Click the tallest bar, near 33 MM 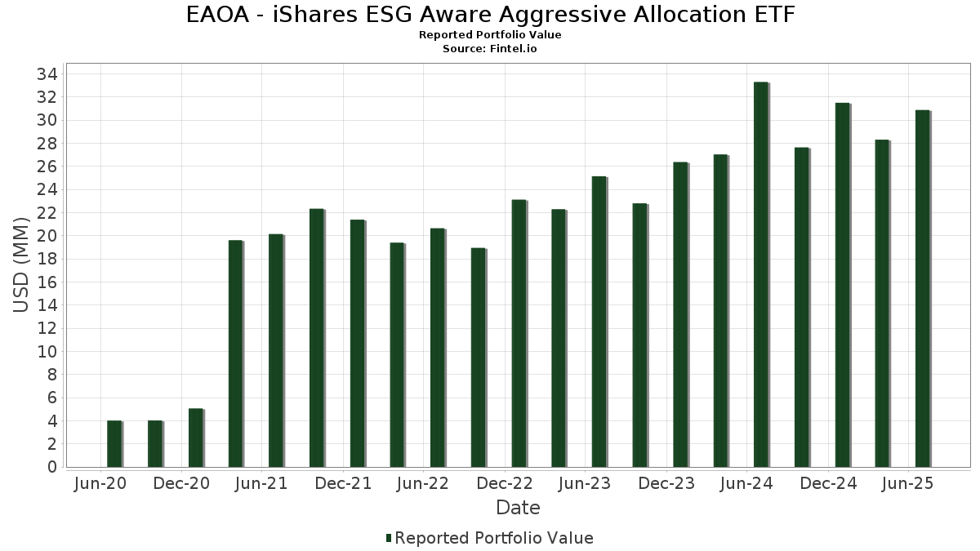click(761, 274)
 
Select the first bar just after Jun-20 click(114, 444)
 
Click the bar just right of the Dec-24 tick click(842, 285)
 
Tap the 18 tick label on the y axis click(47, 259)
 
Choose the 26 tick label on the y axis click(47, 167)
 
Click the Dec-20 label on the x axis click(181, 484)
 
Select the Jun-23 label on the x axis click(585, 484)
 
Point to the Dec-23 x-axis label click(666, 484)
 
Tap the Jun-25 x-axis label click(908, 484)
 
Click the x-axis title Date click(518, 508)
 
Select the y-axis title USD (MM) click(22, 259)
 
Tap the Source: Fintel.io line click(490, 49)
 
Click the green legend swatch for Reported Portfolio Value click(389, 538)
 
